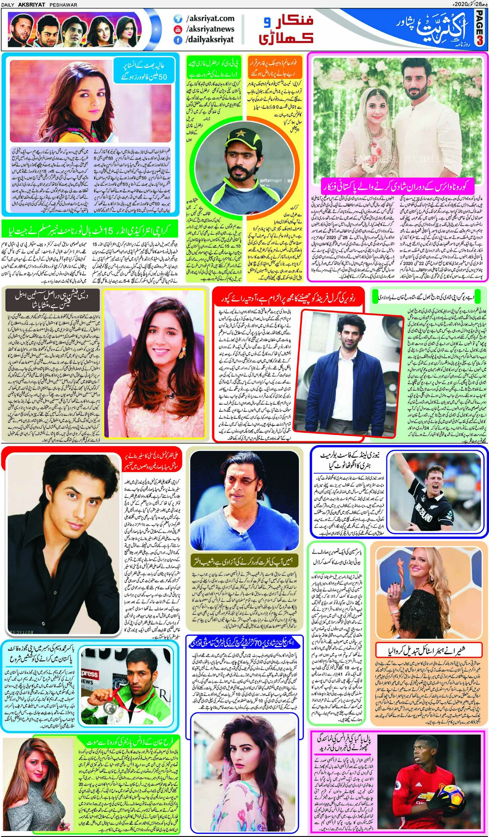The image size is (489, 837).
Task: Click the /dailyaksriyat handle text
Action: (x=210, y=40)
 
